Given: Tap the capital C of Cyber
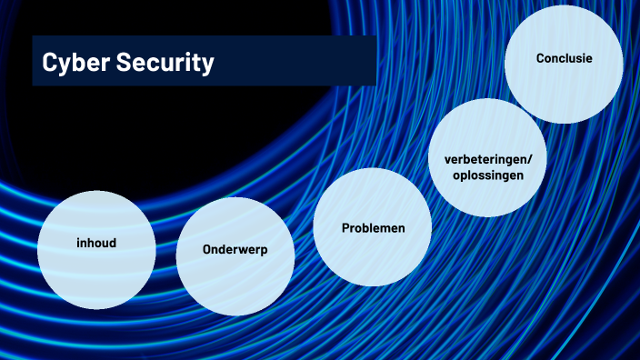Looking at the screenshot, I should coord(50,62).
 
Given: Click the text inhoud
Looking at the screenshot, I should coord(96,244).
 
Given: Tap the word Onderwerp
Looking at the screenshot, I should coord(235,249).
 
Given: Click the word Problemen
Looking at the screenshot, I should coord(373,227).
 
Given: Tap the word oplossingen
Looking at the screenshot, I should coord(488,175).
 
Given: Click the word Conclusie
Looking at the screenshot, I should coord(564,58).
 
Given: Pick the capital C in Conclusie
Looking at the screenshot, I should coord(540,58).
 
